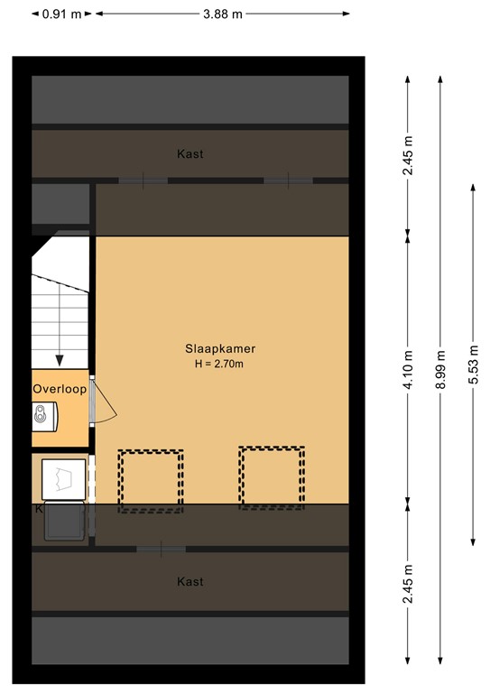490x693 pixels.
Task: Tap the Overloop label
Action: [60, 390]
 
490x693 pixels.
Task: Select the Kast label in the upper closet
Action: [190, 154]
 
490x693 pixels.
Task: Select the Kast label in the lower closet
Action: [190, 582]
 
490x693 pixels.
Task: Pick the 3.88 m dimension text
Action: [223, 14]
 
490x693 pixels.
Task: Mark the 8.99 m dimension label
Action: [439, 369]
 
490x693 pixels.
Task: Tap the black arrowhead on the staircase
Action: [60, 360]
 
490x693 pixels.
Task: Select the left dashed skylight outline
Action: [150, 481]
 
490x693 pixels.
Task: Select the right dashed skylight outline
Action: [272, 477]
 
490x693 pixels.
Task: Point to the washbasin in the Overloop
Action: [42, 415]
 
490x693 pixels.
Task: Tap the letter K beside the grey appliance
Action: [39, 510]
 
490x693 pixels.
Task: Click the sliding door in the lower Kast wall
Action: [162, 548]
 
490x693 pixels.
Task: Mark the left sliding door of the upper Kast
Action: [143, 180]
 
